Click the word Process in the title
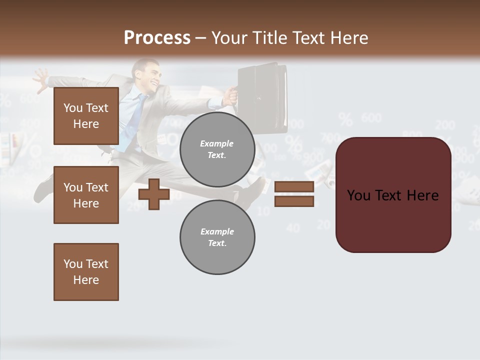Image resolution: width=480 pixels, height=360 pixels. [x=157, y=38]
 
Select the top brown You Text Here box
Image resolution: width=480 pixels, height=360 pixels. [x=86, y=116]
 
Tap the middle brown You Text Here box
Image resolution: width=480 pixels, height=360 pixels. [x=86, y=195]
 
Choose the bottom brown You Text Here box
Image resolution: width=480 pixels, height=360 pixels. [x=86, y=272]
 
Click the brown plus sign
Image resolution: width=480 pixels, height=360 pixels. [x=154, y=194]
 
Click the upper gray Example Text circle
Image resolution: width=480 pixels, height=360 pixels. [x=217, y=149]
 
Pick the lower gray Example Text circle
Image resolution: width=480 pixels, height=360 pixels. [x=217, y=237]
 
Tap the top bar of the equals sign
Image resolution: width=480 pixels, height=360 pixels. [x=294, y=186]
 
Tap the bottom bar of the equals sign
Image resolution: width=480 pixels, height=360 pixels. [x=294, y=201]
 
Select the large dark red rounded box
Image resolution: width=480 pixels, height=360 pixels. [x=393, y=195]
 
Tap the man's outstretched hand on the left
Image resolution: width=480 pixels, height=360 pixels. [x=40, y=78]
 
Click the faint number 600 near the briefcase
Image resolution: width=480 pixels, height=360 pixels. [x=371, y=118]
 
